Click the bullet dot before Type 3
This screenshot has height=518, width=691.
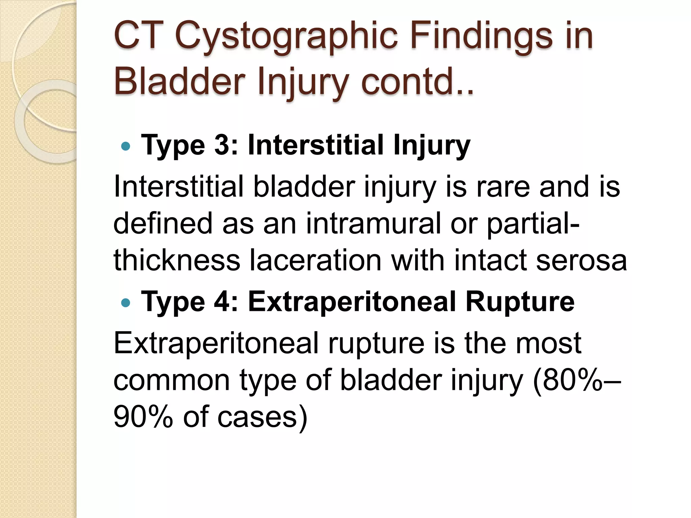click(x=125, y=146)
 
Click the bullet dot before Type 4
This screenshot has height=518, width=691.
click(x=125, y=303)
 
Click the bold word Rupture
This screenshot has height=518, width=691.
click(x=520, y=301)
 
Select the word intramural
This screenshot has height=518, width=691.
click(x=373, y=224)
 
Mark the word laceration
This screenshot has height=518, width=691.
click(x=315, y=260)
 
